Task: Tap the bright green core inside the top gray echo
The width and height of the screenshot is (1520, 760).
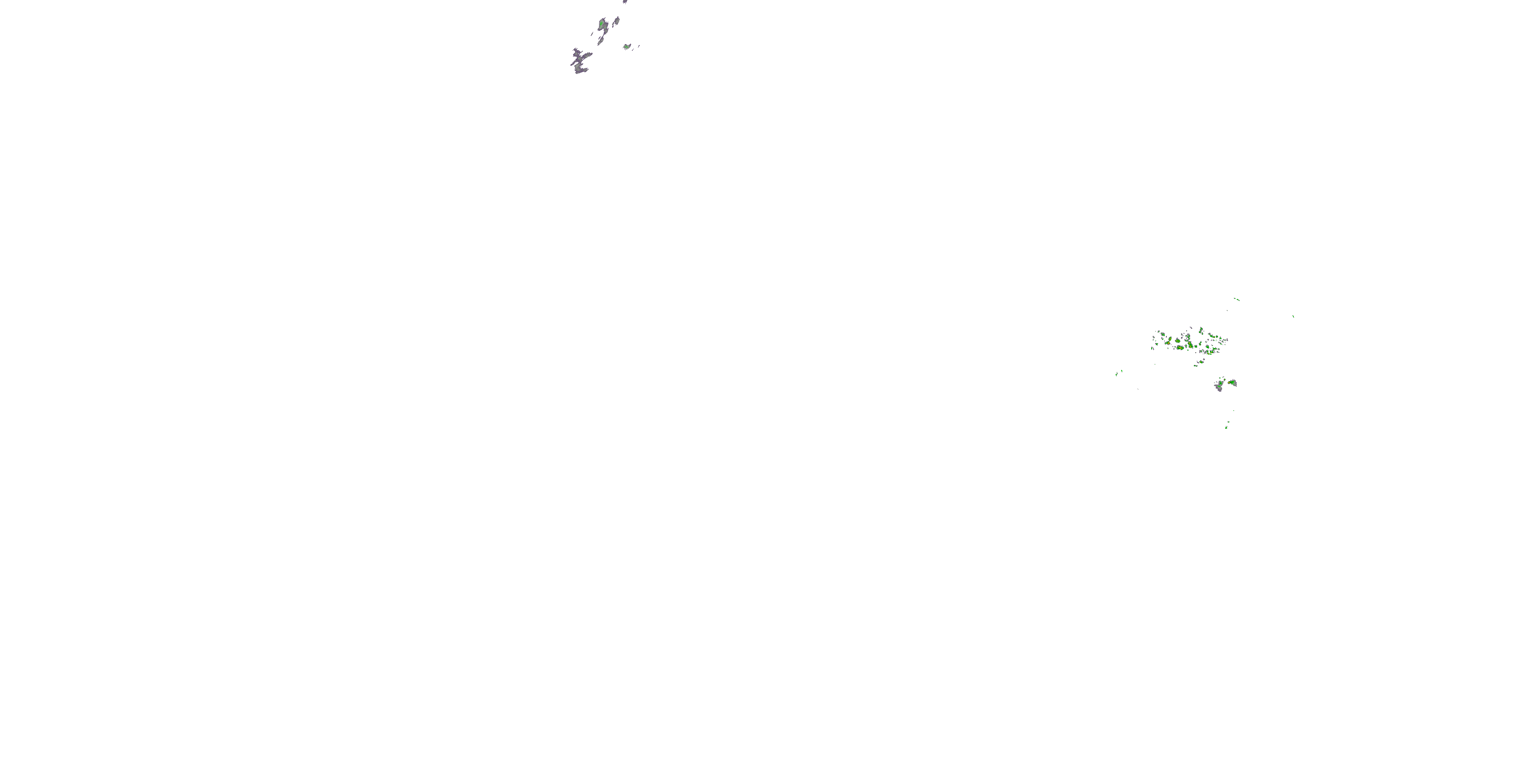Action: [601, 24]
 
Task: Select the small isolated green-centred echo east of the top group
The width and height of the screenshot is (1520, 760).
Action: [627, 47]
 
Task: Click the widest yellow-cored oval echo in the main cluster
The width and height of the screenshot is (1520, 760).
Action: [1180, 348]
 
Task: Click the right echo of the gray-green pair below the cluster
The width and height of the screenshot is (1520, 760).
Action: [1232, 383]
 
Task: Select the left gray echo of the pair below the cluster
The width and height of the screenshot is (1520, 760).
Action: [1219, 387]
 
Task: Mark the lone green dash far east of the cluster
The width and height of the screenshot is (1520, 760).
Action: [1293, 317]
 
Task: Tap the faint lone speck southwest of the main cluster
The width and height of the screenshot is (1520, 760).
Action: [1138, 389]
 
